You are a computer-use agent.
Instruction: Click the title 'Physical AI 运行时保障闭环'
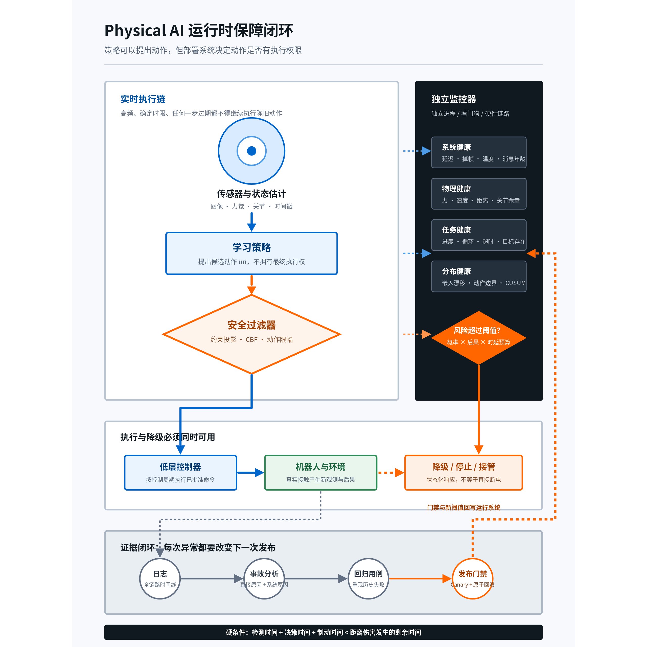(199, 31)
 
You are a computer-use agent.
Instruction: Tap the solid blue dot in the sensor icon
(251, 151)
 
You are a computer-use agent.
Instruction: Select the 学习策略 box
(251, 253)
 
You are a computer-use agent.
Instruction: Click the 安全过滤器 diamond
(251, 334)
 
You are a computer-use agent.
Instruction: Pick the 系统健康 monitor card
(479, 152)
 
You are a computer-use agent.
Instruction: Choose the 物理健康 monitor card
(479, 194)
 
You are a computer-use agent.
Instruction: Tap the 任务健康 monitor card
(479, 235)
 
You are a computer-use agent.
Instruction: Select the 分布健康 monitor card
(479, 276)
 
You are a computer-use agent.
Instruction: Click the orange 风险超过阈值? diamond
(479, 338)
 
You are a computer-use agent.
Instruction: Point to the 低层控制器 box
(180, 473)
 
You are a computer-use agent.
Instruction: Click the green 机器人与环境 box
(321, 473)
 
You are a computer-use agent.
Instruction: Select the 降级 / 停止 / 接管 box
(464, 473)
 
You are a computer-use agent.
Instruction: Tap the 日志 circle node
(160, 579)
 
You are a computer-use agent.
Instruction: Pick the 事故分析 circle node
(264, 579)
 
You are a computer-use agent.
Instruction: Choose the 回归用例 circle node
(368, 579)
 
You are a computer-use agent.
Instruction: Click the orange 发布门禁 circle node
(473, 579)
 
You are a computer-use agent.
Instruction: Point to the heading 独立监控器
(454, 99)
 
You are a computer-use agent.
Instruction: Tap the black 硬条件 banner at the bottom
(323, 632)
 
